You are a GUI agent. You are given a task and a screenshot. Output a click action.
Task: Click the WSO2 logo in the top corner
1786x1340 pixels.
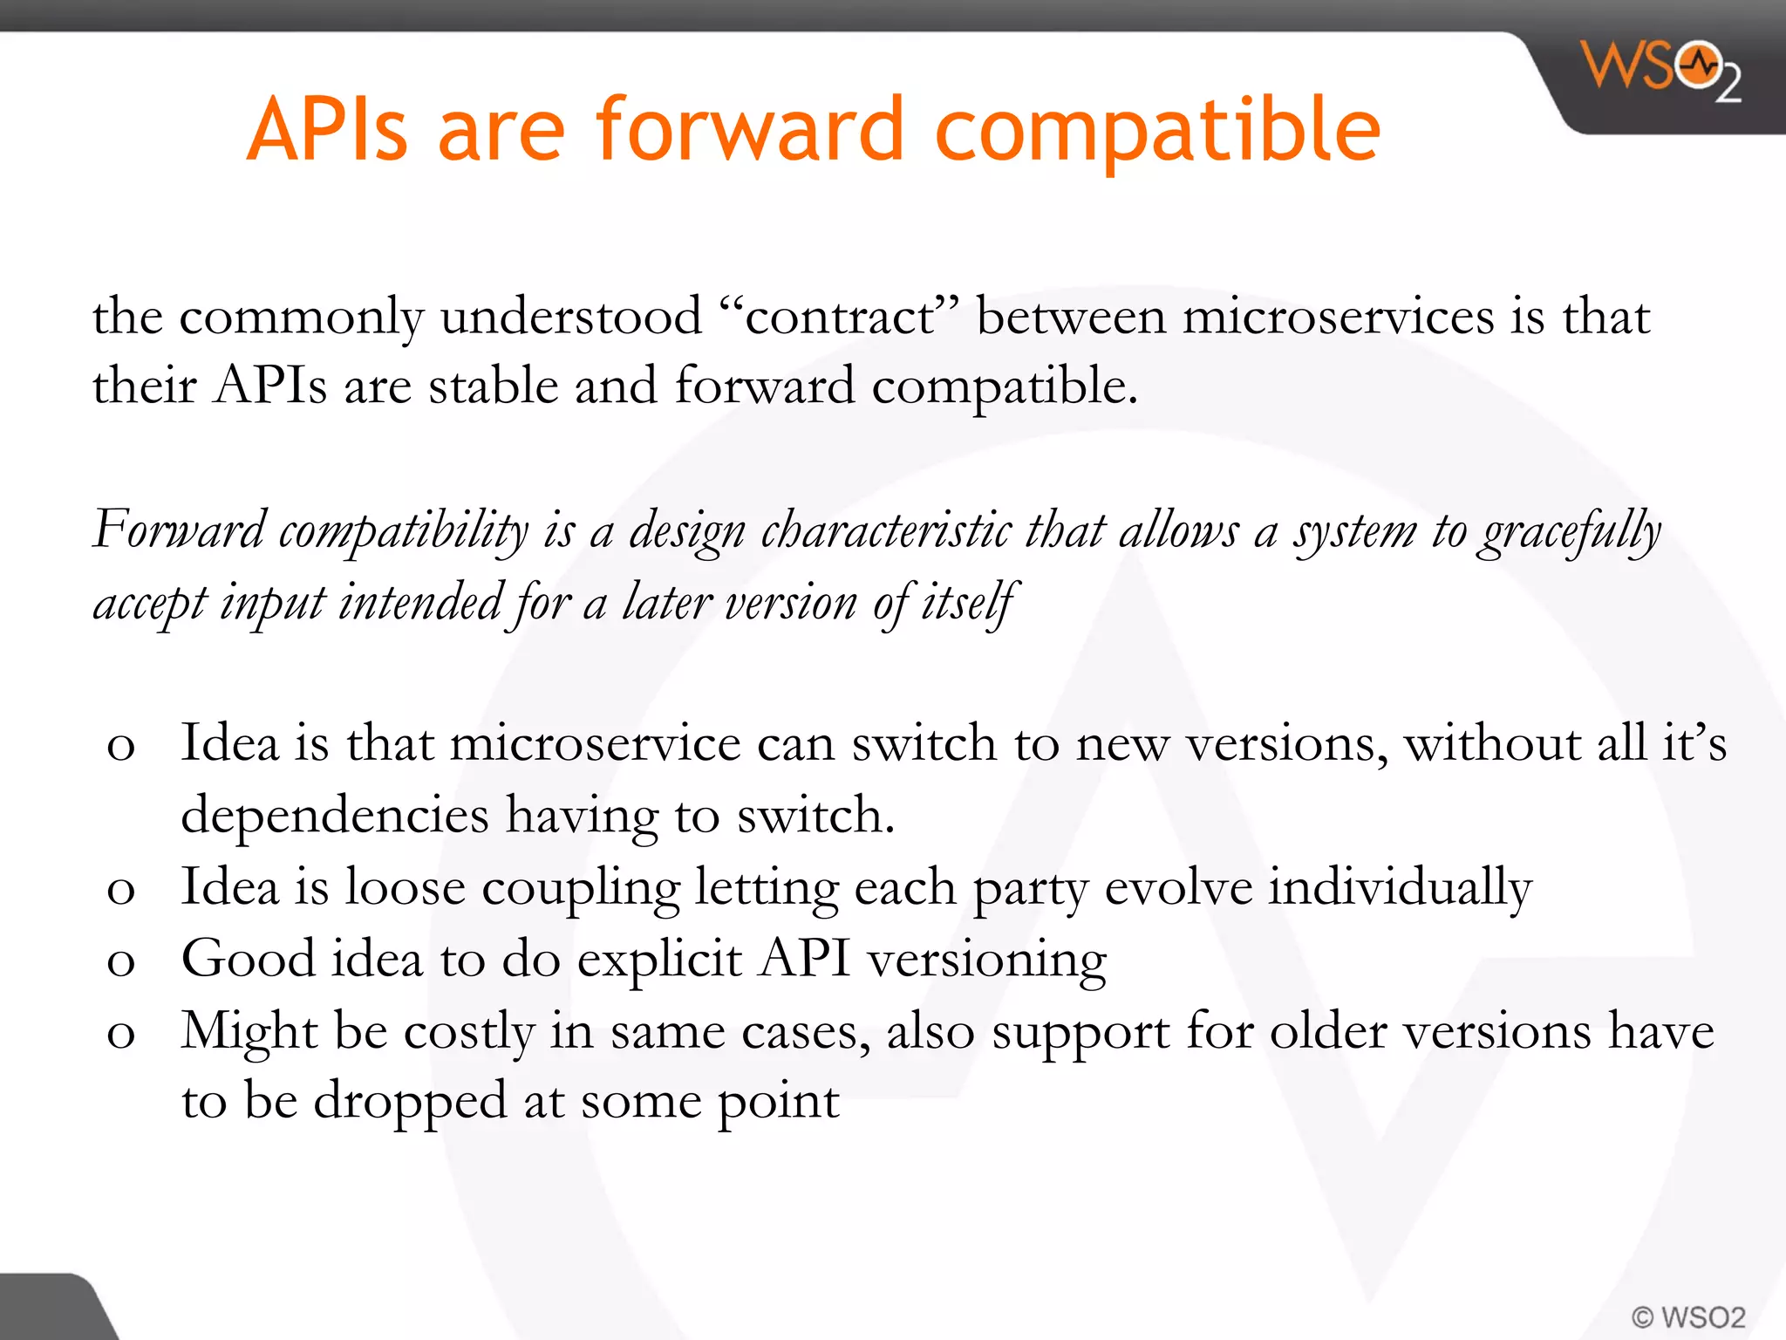(1661, 70)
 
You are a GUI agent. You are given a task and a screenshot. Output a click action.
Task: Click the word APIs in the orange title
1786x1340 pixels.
(327, 131)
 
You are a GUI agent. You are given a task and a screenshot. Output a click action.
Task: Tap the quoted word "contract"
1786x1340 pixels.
(839, 316)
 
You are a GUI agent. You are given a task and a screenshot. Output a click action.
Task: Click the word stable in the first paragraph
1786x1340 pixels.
(493, 386)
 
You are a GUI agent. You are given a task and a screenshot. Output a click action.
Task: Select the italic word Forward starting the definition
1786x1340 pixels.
(179, 530)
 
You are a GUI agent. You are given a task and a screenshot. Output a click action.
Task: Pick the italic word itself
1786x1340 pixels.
(969, 603)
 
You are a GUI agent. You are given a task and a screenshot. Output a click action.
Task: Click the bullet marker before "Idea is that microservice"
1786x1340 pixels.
(120, 747)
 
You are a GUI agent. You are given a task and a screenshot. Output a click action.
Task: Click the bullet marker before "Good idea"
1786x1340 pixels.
(120, 962)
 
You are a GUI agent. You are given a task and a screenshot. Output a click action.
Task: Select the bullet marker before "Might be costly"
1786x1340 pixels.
(120, 1035)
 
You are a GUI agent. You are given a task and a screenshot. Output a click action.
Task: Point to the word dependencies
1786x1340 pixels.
(335, 817)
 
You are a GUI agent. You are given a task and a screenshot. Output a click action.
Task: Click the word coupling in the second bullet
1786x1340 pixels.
(580, 889)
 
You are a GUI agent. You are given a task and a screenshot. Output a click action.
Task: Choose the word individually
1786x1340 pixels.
(1399, 887)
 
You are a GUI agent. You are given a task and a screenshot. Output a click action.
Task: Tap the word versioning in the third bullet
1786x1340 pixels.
(986, 961)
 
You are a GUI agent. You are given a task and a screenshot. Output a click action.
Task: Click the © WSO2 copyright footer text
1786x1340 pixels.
(1688, 1316)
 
